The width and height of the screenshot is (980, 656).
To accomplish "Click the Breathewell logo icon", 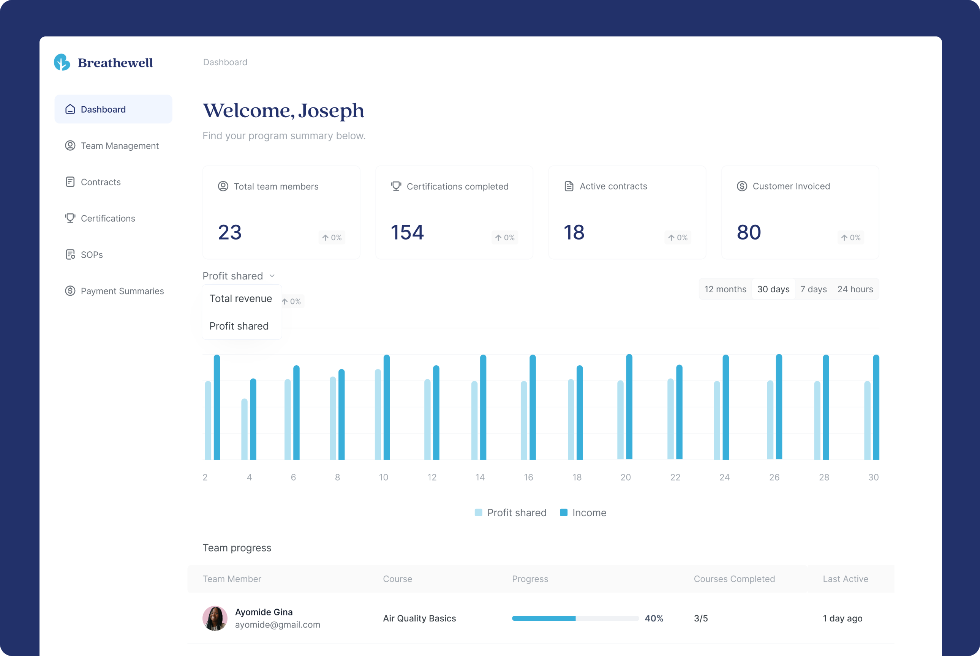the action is tap(62, 62).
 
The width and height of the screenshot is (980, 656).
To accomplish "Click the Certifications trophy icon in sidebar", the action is tap(70, 218).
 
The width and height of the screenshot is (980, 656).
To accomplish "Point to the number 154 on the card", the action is tap(407, 232).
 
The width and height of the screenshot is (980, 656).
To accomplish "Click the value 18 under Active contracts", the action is tap(574, 232).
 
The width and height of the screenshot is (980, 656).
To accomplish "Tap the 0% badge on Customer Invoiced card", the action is tap(851, 238).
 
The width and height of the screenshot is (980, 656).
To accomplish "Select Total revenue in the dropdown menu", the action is tap(241, 298).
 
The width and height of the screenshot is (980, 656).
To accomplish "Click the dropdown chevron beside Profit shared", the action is tap(272, 276).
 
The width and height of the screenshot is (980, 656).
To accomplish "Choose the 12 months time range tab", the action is tap(726, 289).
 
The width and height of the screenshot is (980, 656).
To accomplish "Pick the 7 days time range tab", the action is tap(813, 289).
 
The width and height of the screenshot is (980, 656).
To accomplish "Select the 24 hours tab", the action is tap(855, 289).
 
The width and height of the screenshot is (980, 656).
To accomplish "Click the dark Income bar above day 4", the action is tap(253, 419).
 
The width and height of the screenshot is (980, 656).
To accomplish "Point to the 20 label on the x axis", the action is tap(626, 477).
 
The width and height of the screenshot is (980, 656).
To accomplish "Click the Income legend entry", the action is tap(583, 512).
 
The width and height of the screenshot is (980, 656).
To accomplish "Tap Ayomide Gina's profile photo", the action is tap(215, 618).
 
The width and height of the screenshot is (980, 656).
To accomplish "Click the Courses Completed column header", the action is tap(734, 579).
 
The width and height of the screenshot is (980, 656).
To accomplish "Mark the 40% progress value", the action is tap(654, 618).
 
